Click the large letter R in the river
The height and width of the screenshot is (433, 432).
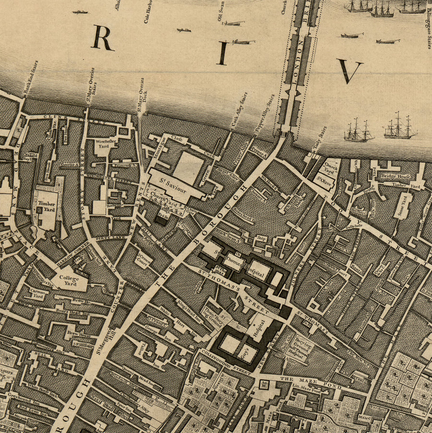(102, 37)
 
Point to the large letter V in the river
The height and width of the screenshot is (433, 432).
(349, 71)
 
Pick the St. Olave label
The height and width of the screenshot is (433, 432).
(324, 181)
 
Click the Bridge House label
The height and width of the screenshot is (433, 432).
(394, 177)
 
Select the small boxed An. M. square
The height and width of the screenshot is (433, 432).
(264, 384)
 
